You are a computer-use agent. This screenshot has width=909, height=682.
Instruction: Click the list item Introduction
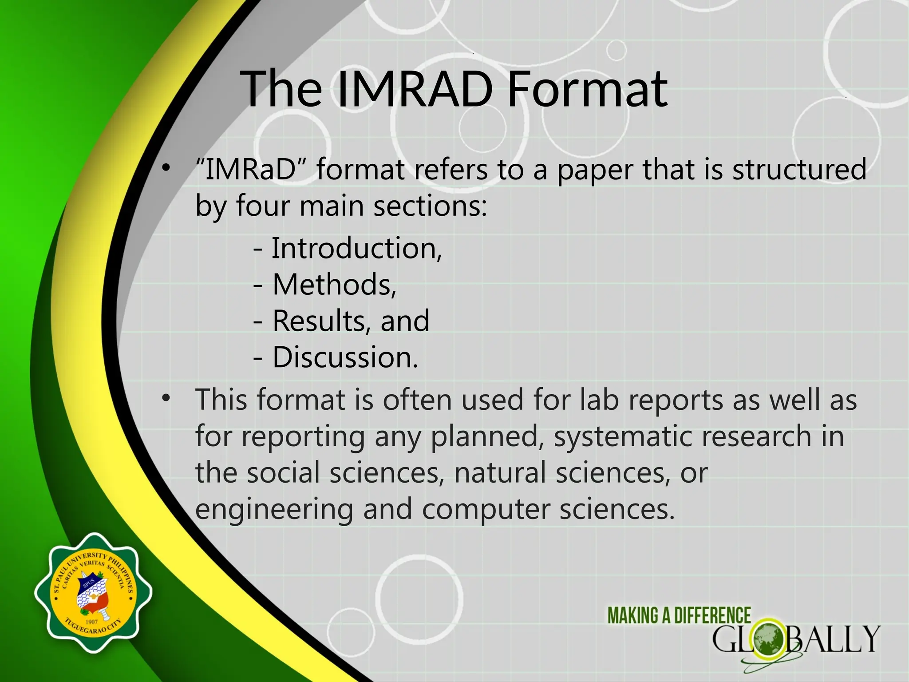(x=356, y=249)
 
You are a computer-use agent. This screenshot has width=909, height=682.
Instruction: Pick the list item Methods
(x=334, y=285)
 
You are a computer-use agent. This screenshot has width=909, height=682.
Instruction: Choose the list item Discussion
(x=344, y=357)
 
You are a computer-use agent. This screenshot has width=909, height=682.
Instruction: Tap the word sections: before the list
(x=430, y=206)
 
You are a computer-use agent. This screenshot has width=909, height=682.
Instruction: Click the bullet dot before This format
(x=166, y=397)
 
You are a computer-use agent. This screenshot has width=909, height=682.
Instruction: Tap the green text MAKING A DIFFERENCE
(x=679, y=616)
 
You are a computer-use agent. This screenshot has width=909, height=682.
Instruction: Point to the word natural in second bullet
(x=500, y=473)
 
